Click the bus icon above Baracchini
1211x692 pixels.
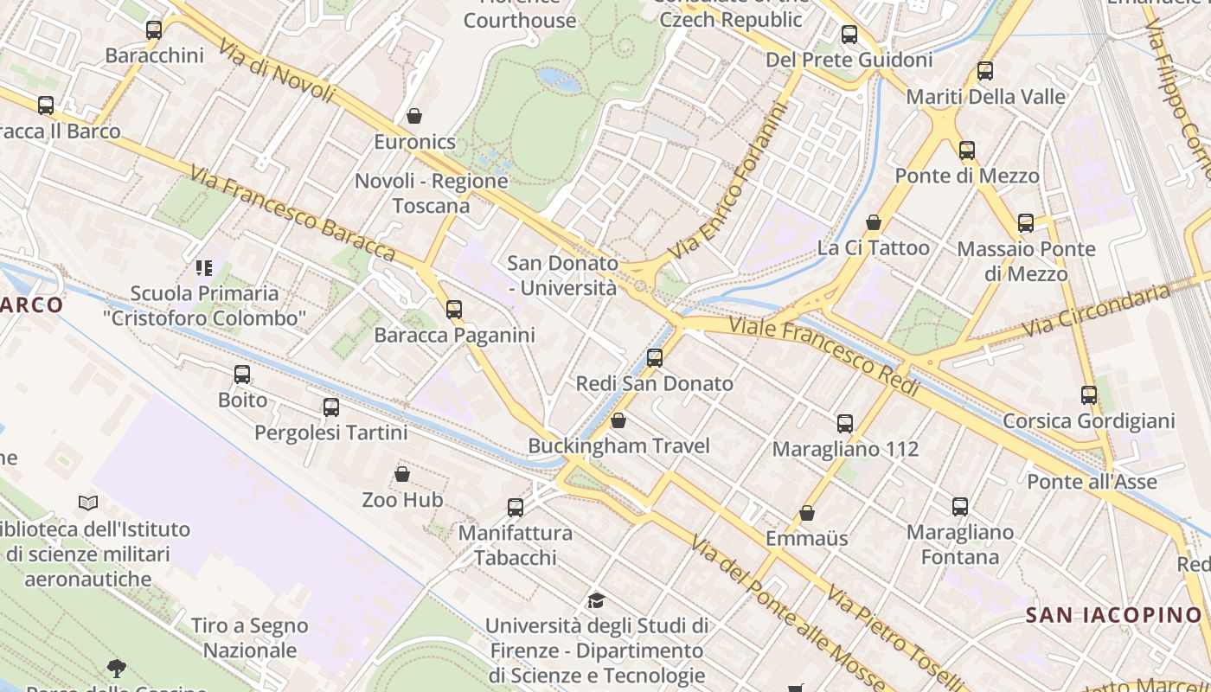pyautogui.click(x=154, y=30)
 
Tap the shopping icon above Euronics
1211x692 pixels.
pyautogui.click(x=414, y=116)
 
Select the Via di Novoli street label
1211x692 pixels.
pyautogui.click(x=277, y=70)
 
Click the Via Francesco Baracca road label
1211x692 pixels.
pyautogui.click(x=292, y=215)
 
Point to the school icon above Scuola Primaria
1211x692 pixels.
pyautogui.click(x=204, y=268)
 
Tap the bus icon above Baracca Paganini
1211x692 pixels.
pyautogui.click(x=454, y=310)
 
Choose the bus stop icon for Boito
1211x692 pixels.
pyautogui.click(x=242, y=375)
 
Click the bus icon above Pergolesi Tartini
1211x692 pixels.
pyautogui.click(x=330, y=407)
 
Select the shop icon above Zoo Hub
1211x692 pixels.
pyautogui.click(x=402, y=474)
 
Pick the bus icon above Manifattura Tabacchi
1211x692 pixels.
pyautogui.click(x=516, y=508)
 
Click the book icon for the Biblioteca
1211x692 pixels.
pyautogui.click(x=88, y=503)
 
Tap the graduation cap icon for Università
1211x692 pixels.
pyautogui.click(x=596, y=600)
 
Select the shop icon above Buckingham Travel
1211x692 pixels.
pyautogui.click(x=618, y=421)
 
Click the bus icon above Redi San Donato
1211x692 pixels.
pyautogui.click(x=655, y=358)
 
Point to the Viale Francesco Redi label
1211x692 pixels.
pyautogui.click(x=823, y=355)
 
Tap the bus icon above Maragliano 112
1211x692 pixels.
pyautogui.click(x=845, y=424)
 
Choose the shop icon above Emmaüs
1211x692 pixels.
pyautogui.click(x=807, y=514)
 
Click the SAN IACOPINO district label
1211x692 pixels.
pyautogui.click(x=1114, y=615)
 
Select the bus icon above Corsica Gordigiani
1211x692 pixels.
pyautogui.click(x=1089, y=395)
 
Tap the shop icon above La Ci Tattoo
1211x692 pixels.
pyautogui.click(x=874, y=222)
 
